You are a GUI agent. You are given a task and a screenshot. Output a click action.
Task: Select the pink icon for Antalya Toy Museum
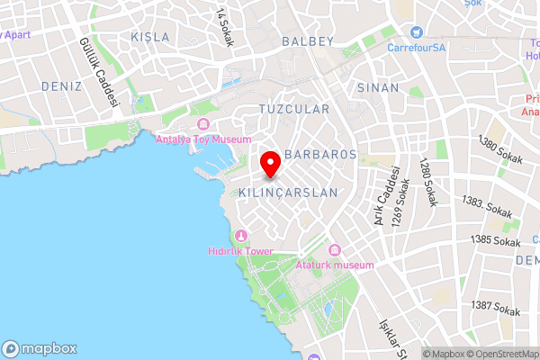[202, 124]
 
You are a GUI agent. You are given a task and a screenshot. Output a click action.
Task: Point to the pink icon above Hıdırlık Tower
[240, 237]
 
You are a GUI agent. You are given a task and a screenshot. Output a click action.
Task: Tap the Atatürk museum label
[334, 265]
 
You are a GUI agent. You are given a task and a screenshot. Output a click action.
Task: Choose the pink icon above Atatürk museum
[335, 249]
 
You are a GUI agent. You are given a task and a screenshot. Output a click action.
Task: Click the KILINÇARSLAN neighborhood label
[288, 193]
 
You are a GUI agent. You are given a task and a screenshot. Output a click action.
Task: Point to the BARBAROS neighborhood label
[320, 155]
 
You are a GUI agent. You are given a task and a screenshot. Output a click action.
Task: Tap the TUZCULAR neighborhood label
[293, 108]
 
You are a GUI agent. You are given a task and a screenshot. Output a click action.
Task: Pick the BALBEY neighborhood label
[308, 41]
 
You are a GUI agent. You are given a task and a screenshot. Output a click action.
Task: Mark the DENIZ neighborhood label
[61, 86]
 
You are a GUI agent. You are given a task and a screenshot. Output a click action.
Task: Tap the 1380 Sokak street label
[500, 145]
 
